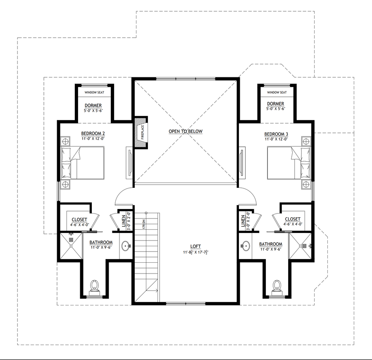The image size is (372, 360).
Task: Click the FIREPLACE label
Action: (143, 132)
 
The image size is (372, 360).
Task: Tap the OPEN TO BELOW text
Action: (186, 131)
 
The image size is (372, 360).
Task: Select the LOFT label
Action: (196, 247)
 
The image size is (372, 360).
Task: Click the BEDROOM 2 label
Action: (93, 134)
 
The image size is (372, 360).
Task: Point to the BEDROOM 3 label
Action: (276, 134)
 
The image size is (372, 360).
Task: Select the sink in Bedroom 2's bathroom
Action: (126, 246)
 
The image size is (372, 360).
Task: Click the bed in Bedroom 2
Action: (83, 163)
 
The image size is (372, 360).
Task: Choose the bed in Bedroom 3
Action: (289, 163)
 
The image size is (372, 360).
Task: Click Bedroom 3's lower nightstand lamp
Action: (306, 184)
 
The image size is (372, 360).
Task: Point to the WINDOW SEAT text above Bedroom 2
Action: (94, 92)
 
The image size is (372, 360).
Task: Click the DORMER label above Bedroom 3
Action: (275, 104)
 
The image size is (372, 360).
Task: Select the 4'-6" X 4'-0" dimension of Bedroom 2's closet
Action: (79, 225)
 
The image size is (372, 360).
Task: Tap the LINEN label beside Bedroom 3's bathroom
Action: (243, 221)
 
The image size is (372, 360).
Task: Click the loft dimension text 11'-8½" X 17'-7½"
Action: (196, 252)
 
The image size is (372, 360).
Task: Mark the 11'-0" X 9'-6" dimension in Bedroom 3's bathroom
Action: (271, 250)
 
